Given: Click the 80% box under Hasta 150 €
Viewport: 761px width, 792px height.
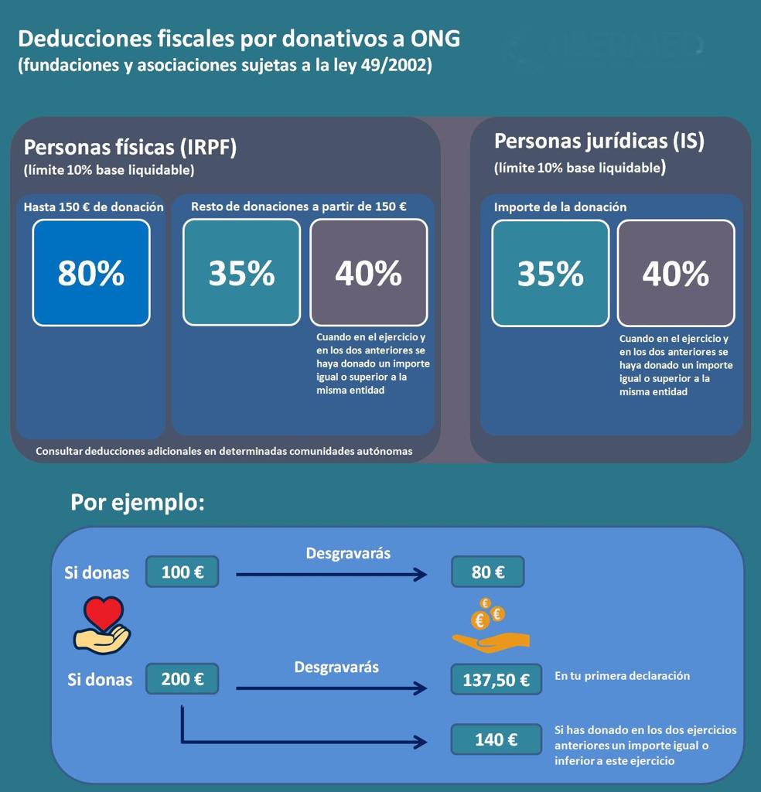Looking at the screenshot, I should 91,273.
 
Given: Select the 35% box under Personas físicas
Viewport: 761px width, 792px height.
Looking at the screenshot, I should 241,273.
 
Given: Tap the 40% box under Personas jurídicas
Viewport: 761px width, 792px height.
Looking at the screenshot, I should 675,273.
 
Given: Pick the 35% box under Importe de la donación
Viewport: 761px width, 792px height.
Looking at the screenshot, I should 550,273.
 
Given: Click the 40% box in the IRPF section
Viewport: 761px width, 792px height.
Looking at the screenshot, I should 368,273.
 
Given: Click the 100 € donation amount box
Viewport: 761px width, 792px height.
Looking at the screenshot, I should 183,572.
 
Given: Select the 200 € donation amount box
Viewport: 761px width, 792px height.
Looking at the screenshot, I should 183,679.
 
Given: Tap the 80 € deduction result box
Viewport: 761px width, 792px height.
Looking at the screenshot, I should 488,572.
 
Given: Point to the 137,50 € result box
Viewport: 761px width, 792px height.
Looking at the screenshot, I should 496,680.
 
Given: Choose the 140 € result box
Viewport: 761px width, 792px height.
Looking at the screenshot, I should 496,739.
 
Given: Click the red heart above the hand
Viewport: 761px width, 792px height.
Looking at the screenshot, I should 104,613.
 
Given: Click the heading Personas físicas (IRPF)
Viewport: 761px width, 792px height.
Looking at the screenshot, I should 130,147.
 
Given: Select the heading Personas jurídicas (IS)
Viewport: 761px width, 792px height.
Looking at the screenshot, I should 599,142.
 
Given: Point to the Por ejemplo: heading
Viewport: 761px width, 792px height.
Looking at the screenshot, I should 138,503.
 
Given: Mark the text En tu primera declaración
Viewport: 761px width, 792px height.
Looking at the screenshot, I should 622,676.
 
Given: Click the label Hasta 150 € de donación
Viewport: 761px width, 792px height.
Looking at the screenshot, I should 94,207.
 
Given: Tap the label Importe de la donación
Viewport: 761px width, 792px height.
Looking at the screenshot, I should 560,207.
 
